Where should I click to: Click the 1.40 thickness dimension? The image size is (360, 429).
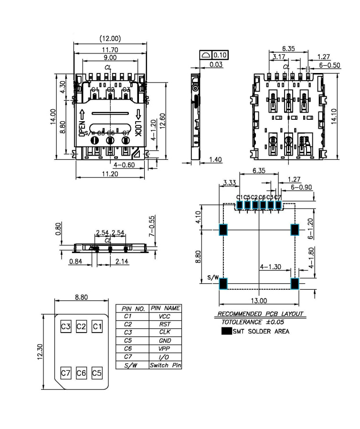click(x=216, y=160)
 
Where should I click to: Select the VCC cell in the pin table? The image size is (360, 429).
click(x=165, y=316)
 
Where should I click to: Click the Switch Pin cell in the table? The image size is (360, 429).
click(x=165, y=366)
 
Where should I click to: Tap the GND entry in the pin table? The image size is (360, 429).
click(x=165, y=341)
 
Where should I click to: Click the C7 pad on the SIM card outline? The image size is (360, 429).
click(x=66, y=372)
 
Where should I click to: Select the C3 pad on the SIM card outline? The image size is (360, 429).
click(x=66, y=326)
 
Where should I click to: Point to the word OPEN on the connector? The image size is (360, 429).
click(x=82, y=129)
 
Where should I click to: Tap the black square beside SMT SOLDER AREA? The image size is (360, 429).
click(x=226, y=331)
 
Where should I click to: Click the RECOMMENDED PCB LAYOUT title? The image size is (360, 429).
click(x=260, y=314)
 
